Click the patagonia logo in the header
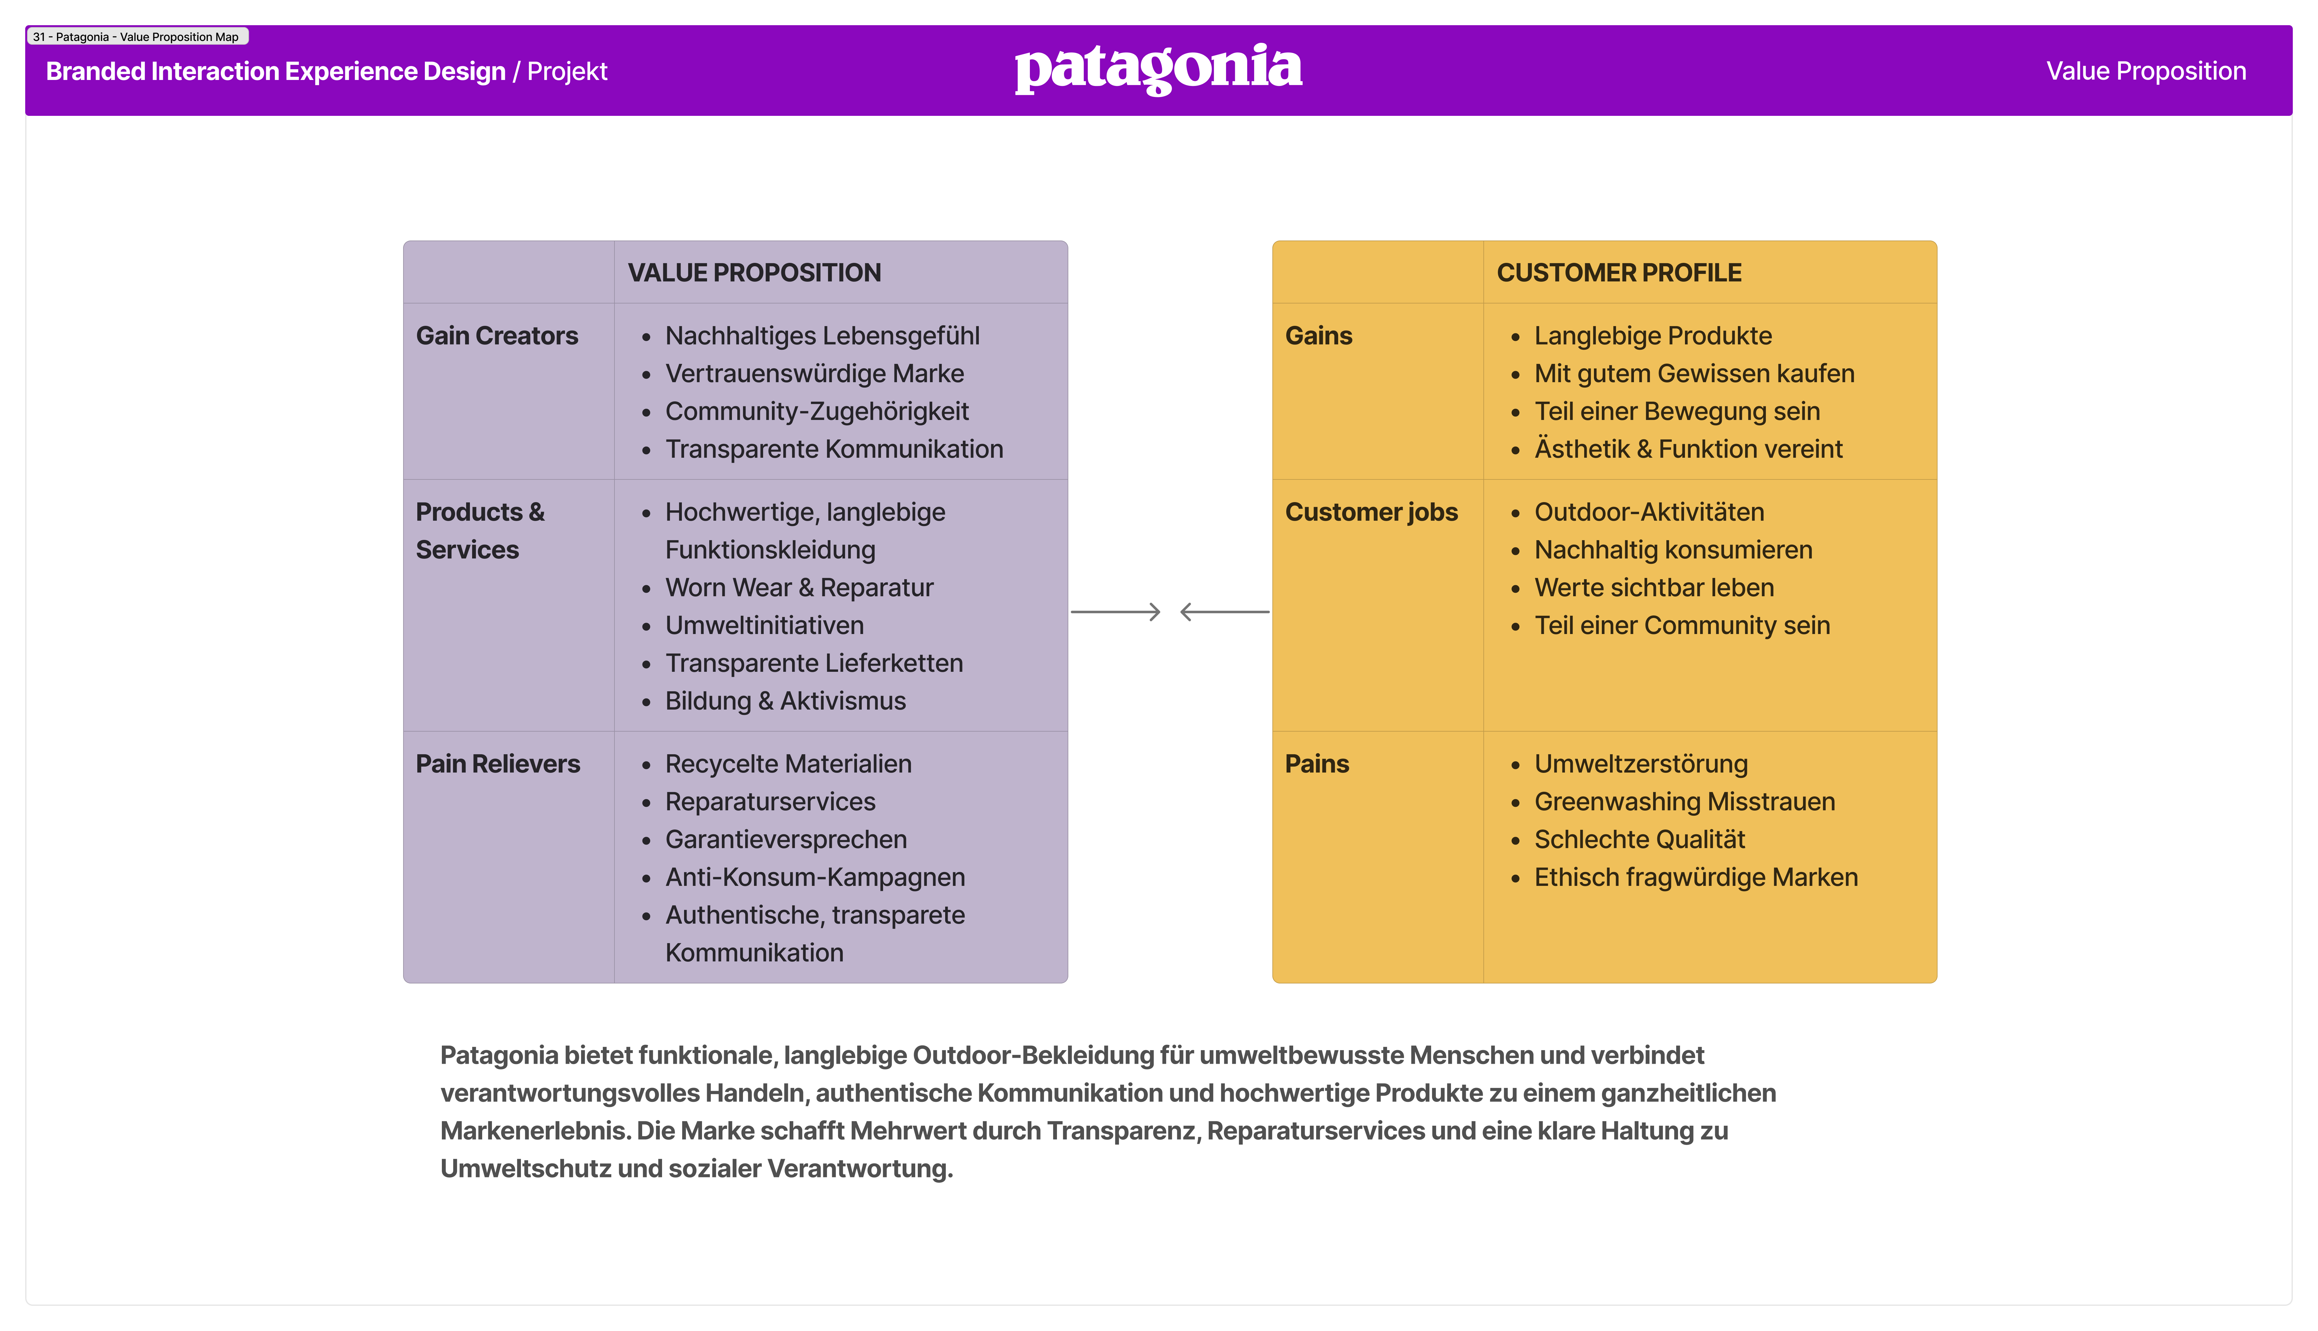click(x=1159, y=69)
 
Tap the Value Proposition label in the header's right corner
click(x=2145, y=71)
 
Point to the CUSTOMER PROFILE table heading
click(x=1619, y=272)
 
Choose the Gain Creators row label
click(x=497, y=336)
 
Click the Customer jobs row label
click(x=1371, y=512)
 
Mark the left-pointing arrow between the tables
click(x=1225, y=612)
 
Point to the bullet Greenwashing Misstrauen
click(x=1684, y=802)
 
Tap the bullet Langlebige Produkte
click(x=1652, y=336)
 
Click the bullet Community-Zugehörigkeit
click(x=817, y=411)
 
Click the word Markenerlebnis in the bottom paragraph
click(x=534, y=1131)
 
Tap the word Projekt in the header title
click(x=567, y=71)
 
